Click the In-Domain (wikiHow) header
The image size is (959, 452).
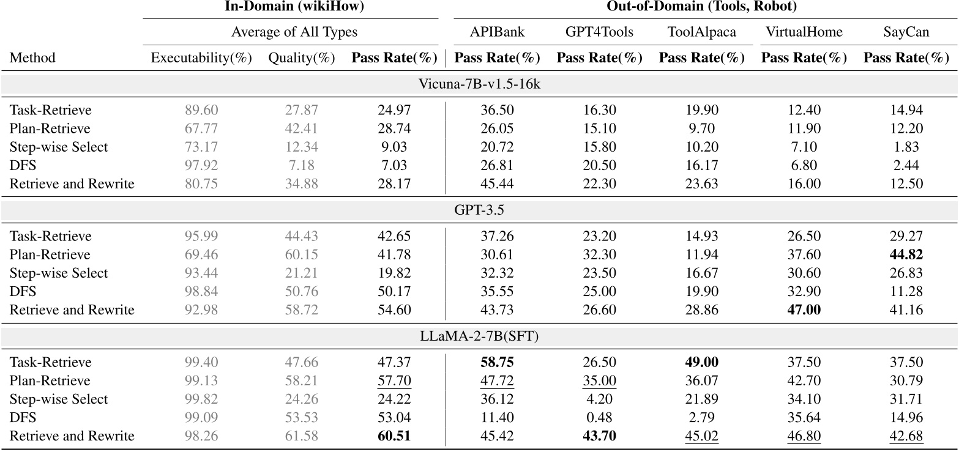point(291,7)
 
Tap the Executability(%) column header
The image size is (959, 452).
point(201,58)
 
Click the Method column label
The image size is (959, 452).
point(32,58)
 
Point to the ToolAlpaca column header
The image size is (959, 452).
point(702,32)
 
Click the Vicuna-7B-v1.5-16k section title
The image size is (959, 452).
point(479,84)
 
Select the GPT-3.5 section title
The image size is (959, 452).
point(479,210)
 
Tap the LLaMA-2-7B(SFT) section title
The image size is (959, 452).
point(479,336)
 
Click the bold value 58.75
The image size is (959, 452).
point(497,363)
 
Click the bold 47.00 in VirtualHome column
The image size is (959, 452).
point(804,309)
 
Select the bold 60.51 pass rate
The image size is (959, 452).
point(394,436)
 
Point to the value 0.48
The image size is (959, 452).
point(599,418)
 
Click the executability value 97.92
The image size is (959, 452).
point(201,165)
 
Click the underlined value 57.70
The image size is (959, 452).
point(394,381)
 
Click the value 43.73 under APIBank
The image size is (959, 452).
point(497,309)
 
